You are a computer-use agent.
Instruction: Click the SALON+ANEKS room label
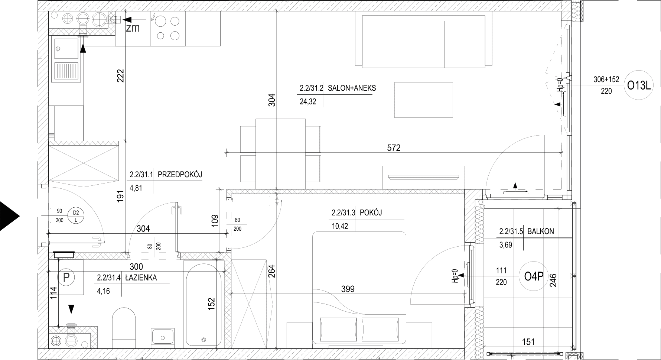pyautogui.click(x=352, y=88)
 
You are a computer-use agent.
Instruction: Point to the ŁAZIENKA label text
pyautogui.click(x=141, y=278)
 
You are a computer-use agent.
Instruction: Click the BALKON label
pyautogui.click(x=540, y=231)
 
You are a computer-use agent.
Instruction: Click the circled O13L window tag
pyautogui.click(x=639, y=86)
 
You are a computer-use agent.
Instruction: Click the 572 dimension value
pyautogui.click(x=394, y=148)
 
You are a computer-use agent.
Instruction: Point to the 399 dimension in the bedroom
pyautogui.click(x=348, y=289)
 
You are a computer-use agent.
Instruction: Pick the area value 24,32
pyautogui.click(x=308, y=101)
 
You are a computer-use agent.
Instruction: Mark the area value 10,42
pyautogui.click(x=339, y=226)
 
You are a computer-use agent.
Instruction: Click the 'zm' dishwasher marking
pyautogui.click(x=133, y=28)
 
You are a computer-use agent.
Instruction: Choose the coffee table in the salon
pyautogui.click(x=423, y=100)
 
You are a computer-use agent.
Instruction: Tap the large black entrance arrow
pyautogui.click(x=9, y=216)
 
